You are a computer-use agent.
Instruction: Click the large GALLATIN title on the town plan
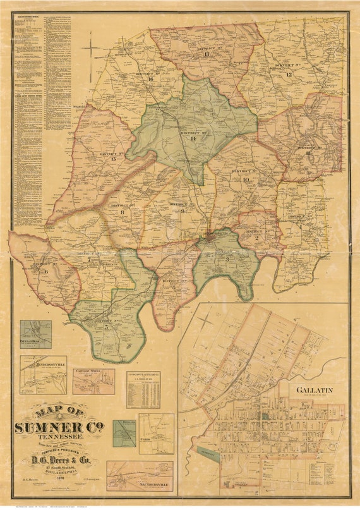(x=314, y=390)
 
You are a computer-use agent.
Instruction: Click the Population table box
(x=143, y=389)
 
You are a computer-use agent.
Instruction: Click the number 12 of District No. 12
(x=288, y=75)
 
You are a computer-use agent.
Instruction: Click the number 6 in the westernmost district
(x=45, y=272)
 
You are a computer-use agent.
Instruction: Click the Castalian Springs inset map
(x=93, y=381)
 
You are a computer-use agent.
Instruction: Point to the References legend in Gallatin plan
(x=329, y=471)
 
